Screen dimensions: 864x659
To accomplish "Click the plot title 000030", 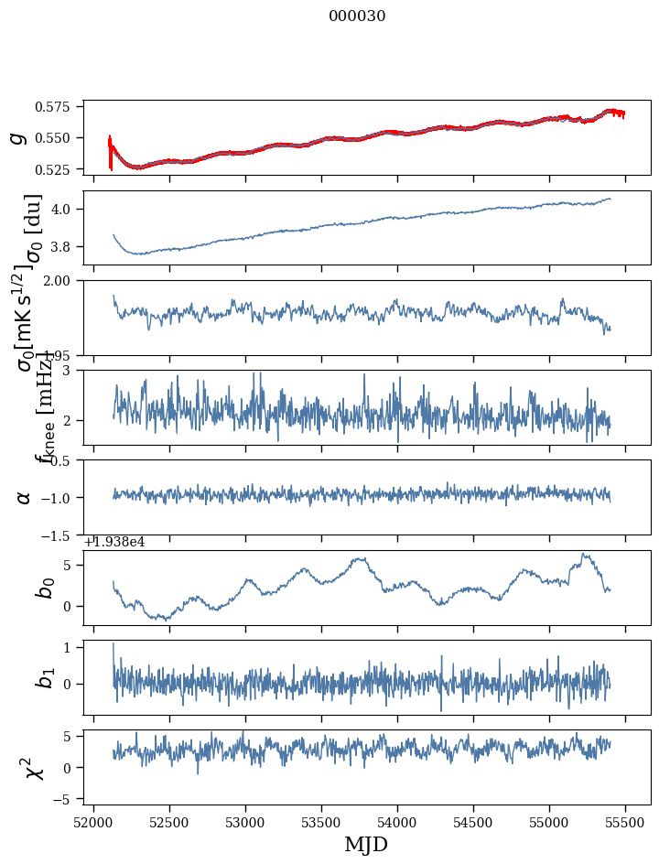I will [x=357, y=16].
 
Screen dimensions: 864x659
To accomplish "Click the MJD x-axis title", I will [x=366, y=845].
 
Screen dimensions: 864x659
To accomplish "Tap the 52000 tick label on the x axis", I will [x=93, y=821].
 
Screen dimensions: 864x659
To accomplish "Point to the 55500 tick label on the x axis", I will [x=626, y=821].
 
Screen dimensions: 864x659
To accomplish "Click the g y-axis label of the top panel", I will [x=17, y=137].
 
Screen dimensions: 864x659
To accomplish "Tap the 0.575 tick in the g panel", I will [x=58, y=107].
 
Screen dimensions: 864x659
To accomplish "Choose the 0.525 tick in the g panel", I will [x=58, y=169].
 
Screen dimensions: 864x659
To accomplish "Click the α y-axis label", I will [x=24, y=497].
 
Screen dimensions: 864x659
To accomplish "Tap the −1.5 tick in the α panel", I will [x=60, y=535].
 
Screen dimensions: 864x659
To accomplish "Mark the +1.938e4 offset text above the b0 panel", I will [x=113, y=542].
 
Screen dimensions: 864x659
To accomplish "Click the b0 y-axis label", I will [x=44, y=588].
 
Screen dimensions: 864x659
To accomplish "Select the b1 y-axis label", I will [x=44, y=677].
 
